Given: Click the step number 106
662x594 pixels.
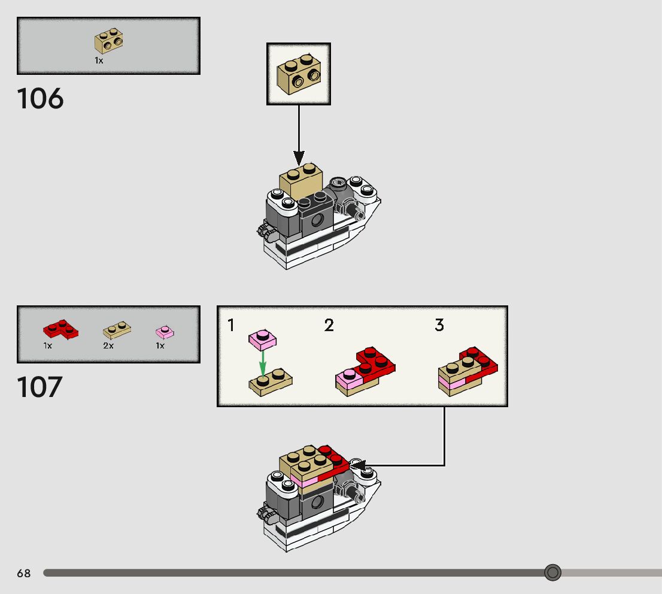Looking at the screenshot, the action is click(40, 99).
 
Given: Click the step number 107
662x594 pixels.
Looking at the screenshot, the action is click(40, 387).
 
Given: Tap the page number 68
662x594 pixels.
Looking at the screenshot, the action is click(23, 574).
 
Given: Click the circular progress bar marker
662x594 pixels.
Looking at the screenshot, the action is click(552, 573).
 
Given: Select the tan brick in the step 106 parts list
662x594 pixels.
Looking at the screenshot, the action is click(108, 40).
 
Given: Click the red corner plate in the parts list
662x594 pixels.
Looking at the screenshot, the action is click(60, 328).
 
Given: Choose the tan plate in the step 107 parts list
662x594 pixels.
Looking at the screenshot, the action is click(117, 329).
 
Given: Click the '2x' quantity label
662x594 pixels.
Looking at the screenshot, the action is click(108, 346).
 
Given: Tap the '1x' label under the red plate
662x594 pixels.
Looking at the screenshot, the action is click(48, 346).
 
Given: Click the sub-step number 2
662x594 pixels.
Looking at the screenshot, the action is click(329, 326).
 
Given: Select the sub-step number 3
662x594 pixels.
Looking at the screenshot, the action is click(439, 326).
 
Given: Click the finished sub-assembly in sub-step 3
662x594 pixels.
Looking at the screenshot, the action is click(468, 371).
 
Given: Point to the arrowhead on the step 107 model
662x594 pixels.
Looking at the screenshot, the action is click(357, 465).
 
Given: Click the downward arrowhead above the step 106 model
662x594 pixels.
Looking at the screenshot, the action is click(299, 157).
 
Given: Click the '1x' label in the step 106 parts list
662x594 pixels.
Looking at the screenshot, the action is click(99, 60).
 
